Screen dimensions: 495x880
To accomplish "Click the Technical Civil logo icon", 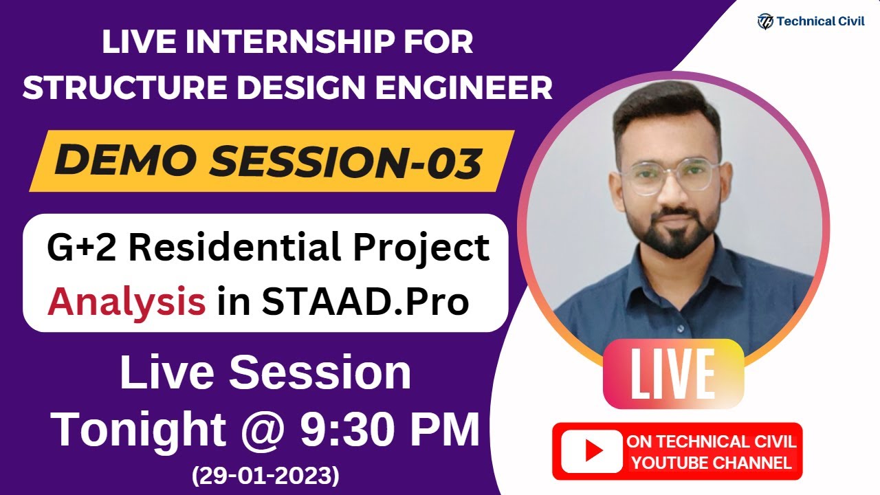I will tap(764, 21).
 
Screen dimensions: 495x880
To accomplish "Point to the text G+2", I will tap(82, 247).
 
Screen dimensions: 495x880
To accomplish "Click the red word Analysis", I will tap(126, 301).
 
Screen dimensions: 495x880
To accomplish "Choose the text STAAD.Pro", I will tap(366, 301).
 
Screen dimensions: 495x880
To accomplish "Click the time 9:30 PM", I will tap(390, 430).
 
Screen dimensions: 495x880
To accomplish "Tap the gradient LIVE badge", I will tap(672, 374).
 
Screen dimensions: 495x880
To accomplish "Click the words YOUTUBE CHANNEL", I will tap(712, 463).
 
